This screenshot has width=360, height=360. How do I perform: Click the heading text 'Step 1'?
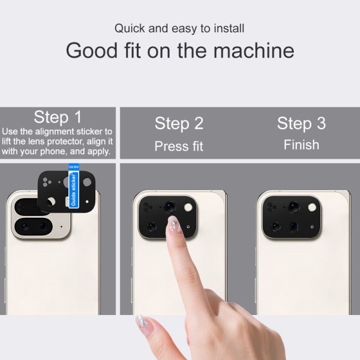(58, 117)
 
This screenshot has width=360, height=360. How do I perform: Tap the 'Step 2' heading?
(179, 123)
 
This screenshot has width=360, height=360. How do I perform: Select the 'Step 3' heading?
(301, 123)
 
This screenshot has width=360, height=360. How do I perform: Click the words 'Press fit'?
(179, 146)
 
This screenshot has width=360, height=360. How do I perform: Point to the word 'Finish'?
(301, 145)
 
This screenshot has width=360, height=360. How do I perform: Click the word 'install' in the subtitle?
(228, 28)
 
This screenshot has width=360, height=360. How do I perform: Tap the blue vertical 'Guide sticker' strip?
(74, 189)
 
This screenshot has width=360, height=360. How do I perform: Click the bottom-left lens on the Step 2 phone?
(152, 226)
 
